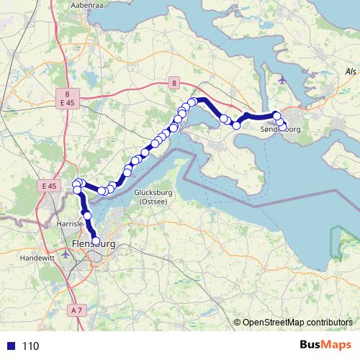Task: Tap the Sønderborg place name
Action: pyautogui.click(x=279, y=130)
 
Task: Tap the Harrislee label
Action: pyautogui.click(x=71, y=225)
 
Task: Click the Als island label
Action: pyautogui.click(x=351, y=72)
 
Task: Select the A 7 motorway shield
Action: pyautogui.click(x=77, y=309)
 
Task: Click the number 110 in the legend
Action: pyautogui.click(x=30, y=346)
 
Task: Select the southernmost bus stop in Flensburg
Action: pyautogui.click(x=95, y=242)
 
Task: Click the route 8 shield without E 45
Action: pyautogui.click(x=174, y=84)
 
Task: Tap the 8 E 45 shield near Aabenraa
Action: pyautogui.click(x=67, y=98)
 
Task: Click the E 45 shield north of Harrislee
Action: pyautogui.click(x=49, y=186)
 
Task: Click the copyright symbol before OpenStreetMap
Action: pyautogui.click(x=238, y=323)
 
